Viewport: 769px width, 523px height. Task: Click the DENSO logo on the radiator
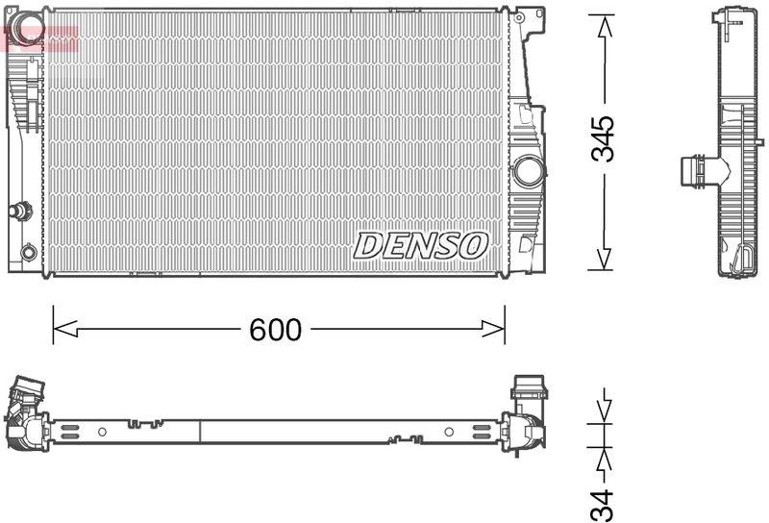421,245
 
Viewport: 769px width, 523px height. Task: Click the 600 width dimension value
276,331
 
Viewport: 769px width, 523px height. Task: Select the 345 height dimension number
603,140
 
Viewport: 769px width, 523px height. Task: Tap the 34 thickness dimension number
603,504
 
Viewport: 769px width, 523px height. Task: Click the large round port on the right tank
528,172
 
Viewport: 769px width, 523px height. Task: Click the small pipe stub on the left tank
19,210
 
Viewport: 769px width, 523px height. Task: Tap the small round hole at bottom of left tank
29,252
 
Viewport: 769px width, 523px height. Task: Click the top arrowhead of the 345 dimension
603,27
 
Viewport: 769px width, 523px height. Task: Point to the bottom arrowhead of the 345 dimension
603,259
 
